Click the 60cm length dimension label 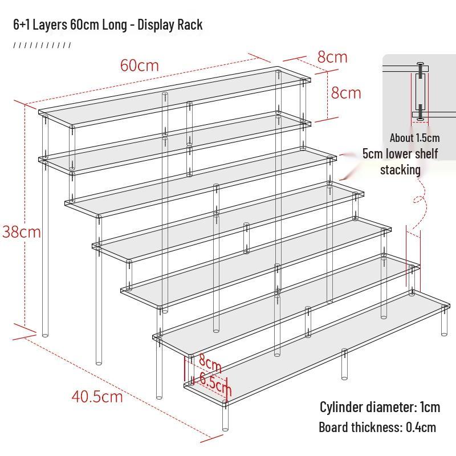coord(140,66)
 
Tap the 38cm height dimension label coord(22,232)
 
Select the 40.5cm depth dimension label coord(97,397)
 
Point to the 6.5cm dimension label coord(215,384)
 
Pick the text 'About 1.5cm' coord(415,138)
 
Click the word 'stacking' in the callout coord(401,170)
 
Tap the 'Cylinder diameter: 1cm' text coord(380,407)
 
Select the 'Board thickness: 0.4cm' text coord(377,427)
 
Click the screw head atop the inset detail coord(420,63)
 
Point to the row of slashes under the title coord(42,45)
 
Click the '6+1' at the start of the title coord(22,25)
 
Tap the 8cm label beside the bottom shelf coord(210,364)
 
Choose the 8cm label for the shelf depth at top coord(332,57)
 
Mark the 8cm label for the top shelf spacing coord(346,93)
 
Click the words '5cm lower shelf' coord(400,153)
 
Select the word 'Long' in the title coord(115,25)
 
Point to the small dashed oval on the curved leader coord(418,199)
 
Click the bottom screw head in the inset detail coord(420,119)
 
